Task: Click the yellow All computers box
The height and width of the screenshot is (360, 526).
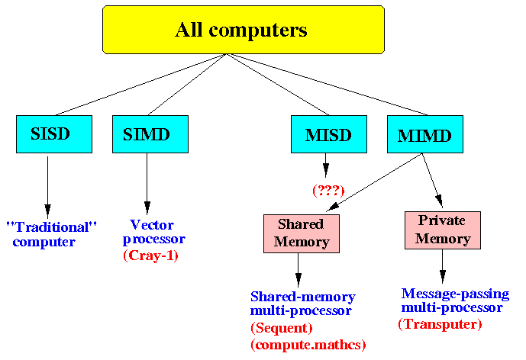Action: [x=244, y=30]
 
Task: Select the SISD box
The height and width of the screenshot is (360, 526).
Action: [x=54, y=134]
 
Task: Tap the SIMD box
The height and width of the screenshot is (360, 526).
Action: [x=150, y=134]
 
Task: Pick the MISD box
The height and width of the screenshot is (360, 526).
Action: [x=329, y=134]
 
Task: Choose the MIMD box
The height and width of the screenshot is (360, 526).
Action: [x=425, y=134]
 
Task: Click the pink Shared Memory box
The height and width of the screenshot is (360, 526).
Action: [x=302, y=233]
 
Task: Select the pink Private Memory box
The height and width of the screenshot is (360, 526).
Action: [x=443, y=230]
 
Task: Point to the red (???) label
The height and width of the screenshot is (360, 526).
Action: [x=328, y=191]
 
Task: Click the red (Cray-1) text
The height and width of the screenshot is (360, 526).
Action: [x=150, y=256]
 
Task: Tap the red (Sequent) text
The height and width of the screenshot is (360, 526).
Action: [x=282, y=328]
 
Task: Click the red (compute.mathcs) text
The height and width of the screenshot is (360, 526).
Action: [x=308, y=345]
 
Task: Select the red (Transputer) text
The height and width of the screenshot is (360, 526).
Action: [x=440, y=324]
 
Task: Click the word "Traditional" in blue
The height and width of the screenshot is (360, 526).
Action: [x=51, y=227]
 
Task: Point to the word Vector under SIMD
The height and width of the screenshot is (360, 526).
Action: [x=152, y=224]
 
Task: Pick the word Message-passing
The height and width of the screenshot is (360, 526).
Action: [x=455, y=294]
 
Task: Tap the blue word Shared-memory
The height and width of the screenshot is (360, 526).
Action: [x=303, y=297]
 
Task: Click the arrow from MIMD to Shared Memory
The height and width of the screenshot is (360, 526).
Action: [x=374, y=182]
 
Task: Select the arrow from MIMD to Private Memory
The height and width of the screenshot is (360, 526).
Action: [x=432, y=180]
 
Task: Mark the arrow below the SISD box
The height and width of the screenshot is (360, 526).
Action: [x=47, y=187]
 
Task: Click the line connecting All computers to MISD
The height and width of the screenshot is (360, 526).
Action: [x=277, y=85]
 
